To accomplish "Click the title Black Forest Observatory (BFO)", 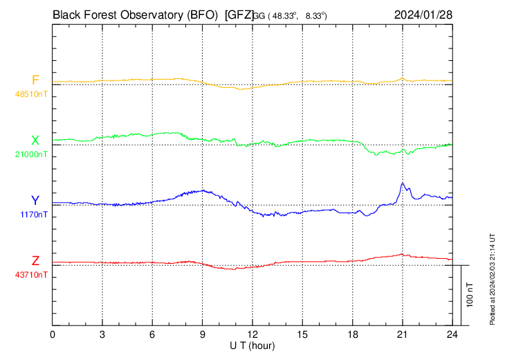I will [136, 14].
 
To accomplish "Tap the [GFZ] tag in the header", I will [238, 14].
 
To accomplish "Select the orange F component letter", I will [35, 80].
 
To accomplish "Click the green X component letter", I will [35, 141].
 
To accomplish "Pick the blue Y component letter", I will [35, 201].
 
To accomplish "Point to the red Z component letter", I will [35, 261].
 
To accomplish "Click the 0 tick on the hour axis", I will [53, 334].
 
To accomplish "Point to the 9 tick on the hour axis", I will [202, 334].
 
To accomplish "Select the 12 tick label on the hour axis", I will [252, 334].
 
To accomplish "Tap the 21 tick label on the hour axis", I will [402, 334].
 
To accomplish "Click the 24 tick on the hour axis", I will [452, 334].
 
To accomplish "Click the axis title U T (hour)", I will [252, 345].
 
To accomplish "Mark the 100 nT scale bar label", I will [470, 295].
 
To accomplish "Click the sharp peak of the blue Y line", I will [403, 183].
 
